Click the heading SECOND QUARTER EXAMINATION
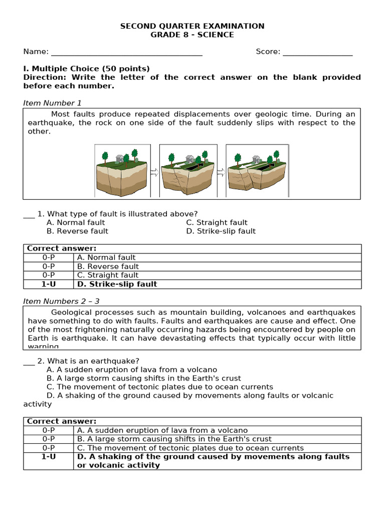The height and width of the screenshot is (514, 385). point(192,26)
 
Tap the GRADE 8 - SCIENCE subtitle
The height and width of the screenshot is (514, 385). point(192,35)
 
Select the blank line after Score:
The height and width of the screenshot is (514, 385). point(317,52)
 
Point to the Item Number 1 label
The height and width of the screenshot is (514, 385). point(52,103)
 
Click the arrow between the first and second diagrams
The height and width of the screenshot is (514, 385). point(154,172)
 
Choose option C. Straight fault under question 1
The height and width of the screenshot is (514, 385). point(217,222)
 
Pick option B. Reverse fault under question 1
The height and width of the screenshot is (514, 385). point(77,231)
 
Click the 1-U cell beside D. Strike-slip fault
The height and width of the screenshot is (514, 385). point(49,284)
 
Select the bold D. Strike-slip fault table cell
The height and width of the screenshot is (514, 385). point(117,284)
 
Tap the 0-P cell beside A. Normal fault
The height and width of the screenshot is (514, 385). point(49,258)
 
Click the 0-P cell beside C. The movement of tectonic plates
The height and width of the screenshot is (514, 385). point(49,448)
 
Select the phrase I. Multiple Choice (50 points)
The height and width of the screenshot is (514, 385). point(87,69)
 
